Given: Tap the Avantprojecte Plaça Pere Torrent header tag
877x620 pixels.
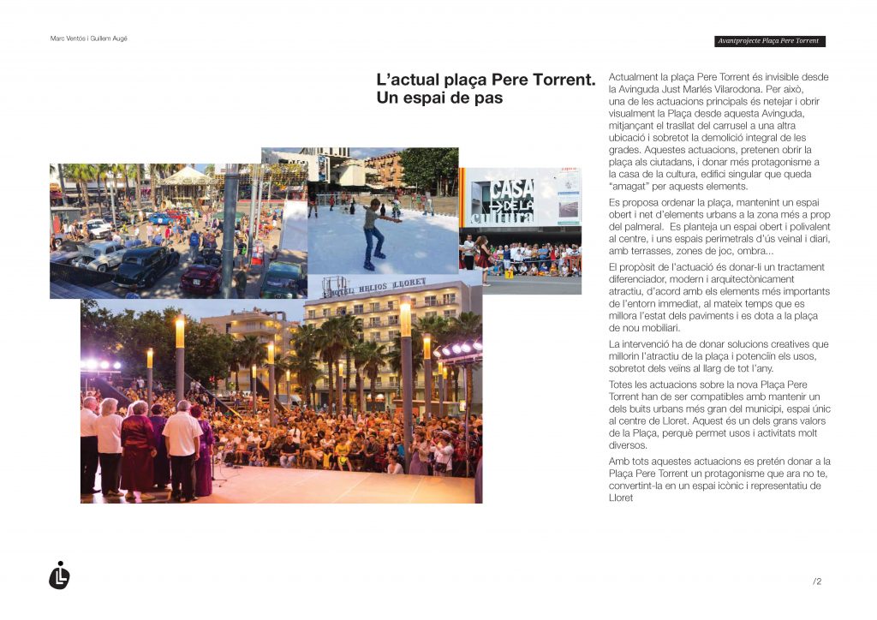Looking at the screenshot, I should pyautogui.click(x=770, y=41).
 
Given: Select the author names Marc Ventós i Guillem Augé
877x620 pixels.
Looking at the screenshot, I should pyautogui.click(x=89, y=39).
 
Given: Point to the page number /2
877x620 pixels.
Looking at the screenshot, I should pyautogui.click(x=817, y=581).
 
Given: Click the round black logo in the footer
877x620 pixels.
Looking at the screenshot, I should pyautogui.click(x=59, y=575).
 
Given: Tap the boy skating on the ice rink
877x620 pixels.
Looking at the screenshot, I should pyautogui.click(x=373, y=230).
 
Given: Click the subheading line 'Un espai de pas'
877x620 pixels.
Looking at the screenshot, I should pyautogui.click(x=439, y=98).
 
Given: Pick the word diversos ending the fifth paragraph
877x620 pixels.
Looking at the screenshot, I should pyautogui.click(x=628, y=445).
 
